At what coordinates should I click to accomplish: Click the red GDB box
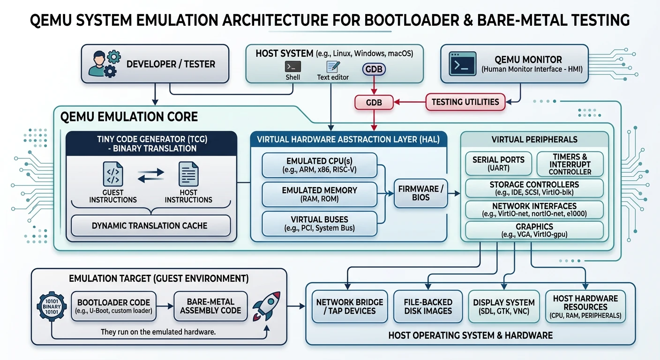coord(373,102)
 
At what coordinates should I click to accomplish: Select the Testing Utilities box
coord(465,102)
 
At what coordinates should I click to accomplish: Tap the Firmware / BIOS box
coord(420,193)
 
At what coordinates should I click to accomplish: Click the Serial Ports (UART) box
coord(498,164)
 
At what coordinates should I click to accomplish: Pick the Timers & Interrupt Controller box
coord(570,164)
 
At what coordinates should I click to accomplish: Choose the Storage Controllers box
coord(534,188)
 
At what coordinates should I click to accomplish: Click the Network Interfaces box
coord(534,210)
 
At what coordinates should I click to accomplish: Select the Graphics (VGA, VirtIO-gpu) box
coord(534,231)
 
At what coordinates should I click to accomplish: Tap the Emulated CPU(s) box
coord(320,165)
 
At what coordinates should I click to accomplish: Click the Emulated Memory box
coord(320,195)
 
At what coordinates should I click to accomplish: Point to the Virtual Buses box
coord(320,224)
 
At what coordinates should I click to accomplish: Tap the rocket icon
coord(266,305)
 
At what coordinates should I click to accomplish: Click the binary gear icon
coord(51,307)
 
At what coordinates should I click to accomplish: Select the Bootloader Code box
coord(114,307)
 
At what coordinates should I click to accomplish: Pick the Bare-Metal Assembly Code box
coord(210,307)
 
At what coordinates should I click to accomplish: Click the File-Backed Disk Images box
coord(428,307)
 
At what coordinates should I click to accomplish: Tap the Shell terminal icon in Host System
coord(292,67)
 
